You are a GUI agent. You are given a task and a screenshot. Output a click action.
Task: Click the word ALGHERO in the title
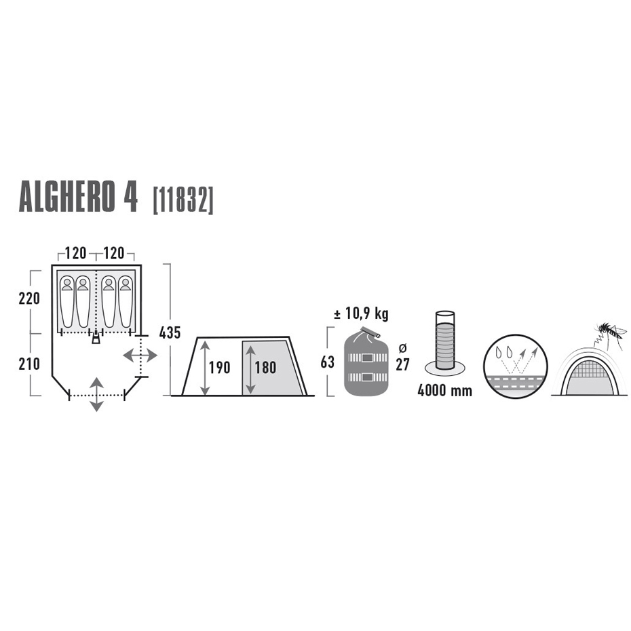(66, 198)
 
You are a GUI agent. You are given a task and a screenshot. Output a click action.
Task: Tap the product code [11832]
(183, 199)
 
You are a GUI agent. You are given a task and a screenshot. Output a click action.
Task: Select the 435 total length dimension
(170, 333)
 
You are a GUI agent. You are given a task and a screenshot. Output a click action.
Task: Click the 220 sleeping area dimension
(29, 298)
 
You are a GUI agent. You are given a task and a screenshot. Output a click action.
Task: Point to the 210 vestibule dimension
(29, 364)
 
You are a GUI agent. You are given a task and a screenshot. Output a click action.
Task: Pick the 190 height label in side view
(219, 368)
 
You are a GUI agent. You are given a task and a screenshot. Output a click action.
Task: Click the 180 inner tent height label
(265, 368)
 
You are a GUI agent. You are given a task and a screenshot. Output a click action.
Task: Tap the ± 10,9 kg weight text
(362, 313)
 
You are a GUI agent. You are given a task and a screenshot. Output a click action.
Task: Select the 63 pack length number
(328, 362)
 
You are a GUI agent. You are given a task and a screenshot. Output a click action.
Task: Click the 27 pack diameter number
(402, 364)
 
